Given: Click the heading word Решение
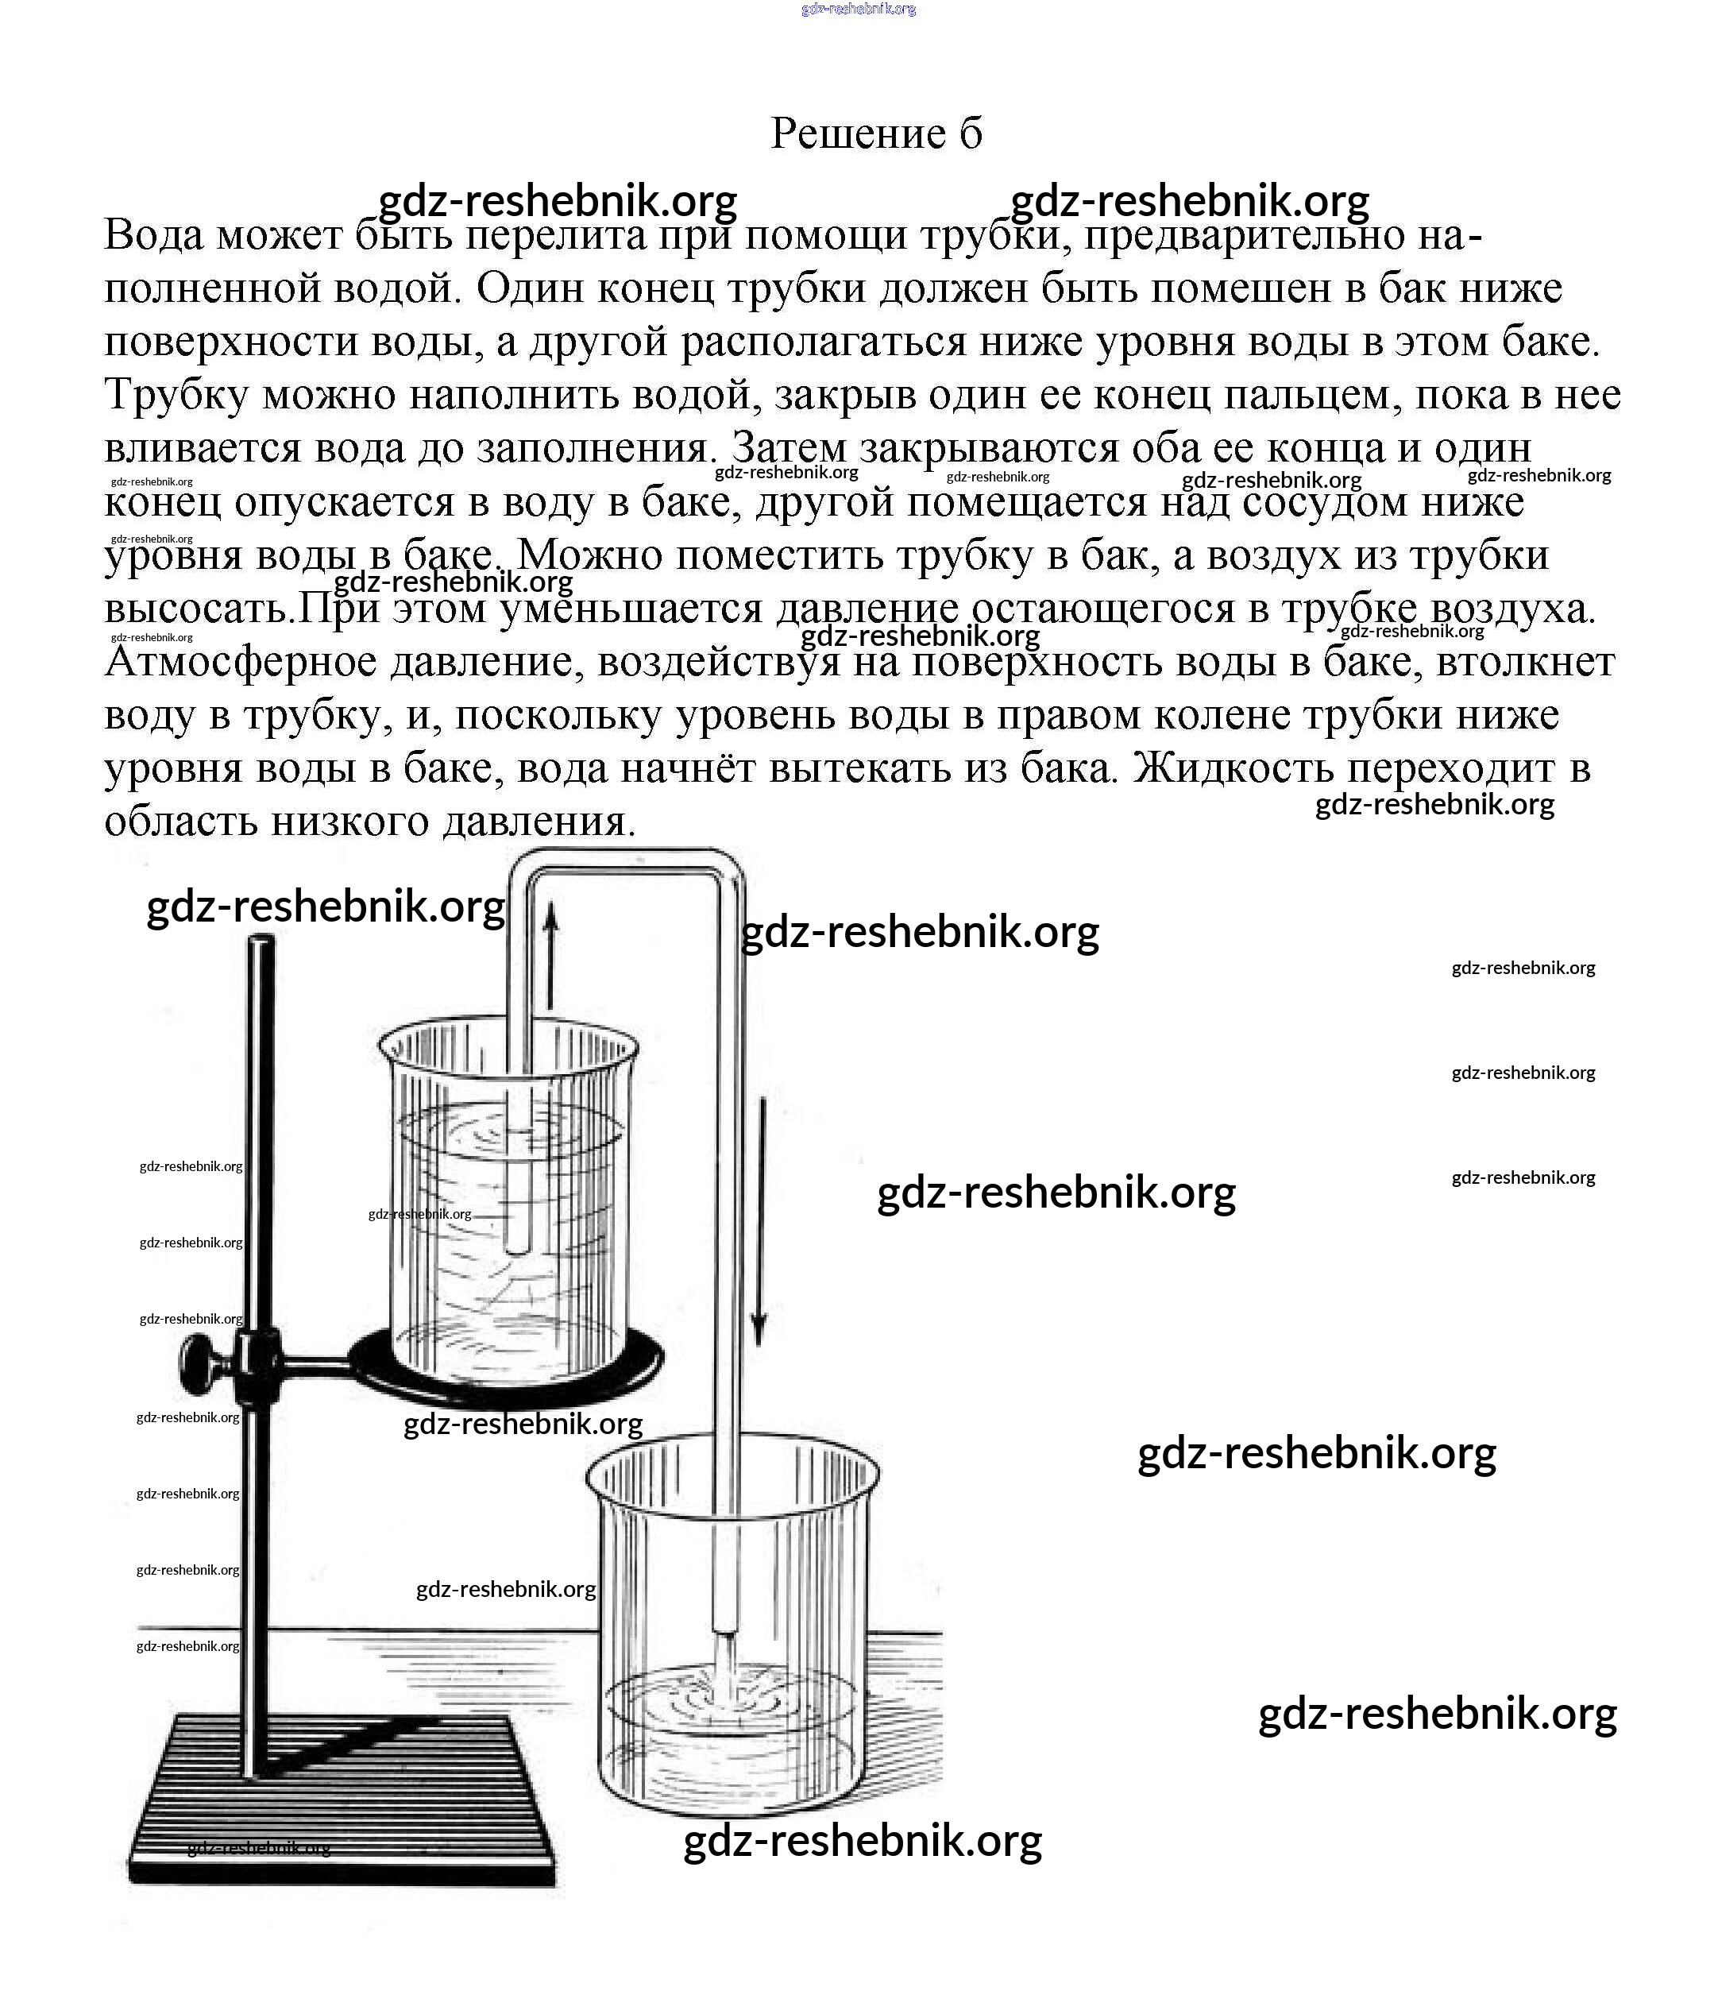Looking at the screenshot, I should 858,133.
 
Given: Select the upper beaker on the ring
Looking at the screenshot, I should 509,1201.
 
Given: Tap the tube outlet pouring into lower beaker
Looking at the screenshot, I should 724,1628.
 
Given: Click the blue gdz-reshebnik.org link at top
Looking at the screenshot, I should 858,9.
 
